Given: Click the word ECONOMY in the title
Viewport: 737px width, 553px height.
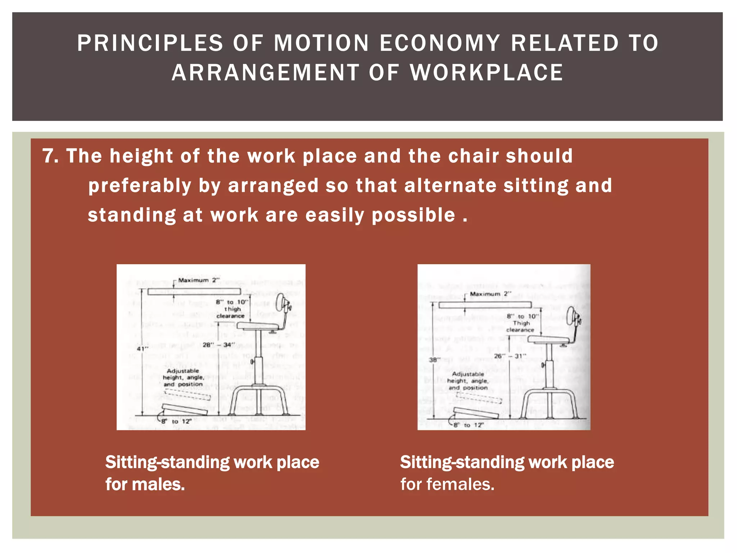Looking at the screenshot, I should (x=439, y=43).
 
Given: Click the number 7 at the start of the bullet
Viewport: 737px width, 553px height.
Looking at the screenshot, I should (x=50, y=156).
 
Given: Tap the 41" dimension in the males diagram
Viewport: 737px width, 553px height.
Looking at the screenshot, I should (x=142, y=349).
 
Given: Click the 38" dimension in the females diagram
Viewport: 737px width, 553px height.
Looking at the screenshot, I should (x=434, y=360).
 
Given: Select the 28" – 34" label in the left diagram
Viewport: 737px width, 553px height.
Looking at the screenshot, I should (x=218, y=345).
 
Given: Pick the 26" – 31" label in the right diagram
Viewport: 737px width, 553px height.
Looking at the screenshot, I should (x=510, y=356).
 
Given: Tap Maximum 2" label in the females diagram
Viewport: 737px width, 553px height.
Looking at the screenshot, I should (x=490, y=294).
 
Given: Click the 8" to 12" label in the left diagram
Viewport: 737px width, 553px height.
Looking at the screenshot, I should (x=176, y=421).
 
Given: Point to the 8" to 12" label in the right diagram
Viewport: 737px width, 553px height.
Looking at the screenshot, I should (x=468, y=425).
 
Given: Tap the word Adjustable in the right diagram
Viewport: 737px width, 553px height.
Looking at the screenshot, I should (x=468, y=374).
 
